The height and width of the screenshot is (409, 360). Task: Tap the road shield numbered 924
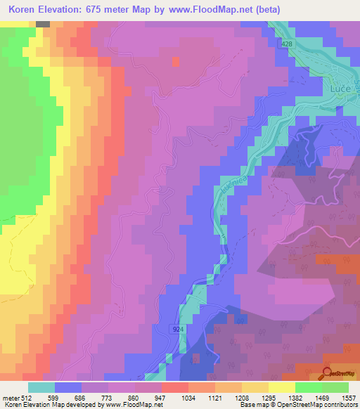[179, 328]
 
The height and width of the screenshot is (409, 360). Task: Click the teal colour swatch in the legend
[41, 387]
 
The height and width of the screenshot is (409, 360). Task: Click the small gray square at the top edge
[43, 24]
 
